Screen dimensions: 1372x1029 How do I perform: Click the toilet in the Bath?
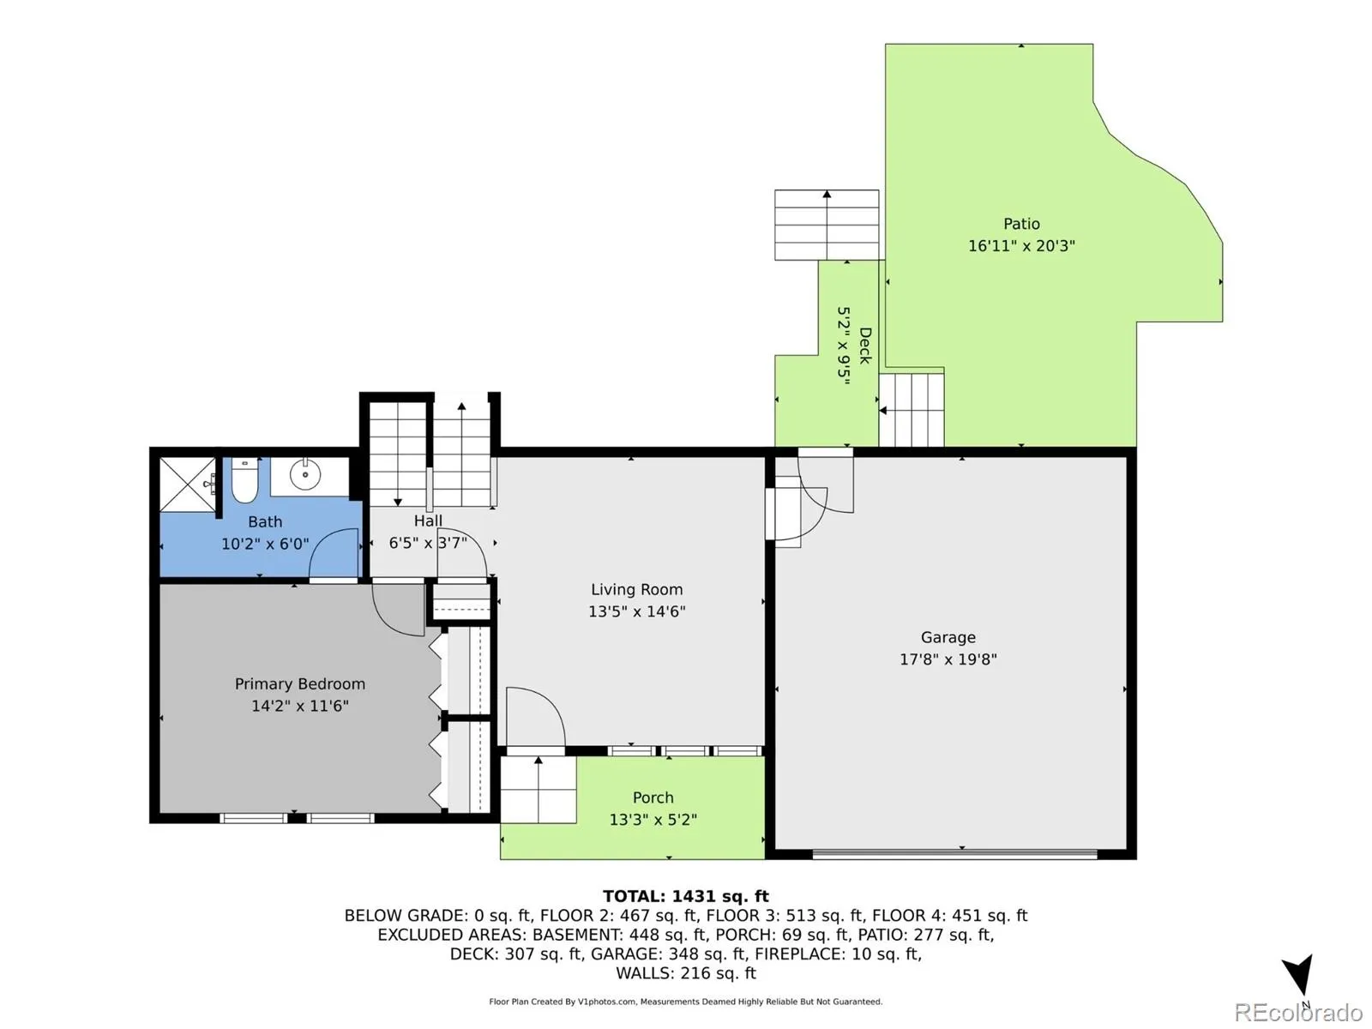(x=244, y=479)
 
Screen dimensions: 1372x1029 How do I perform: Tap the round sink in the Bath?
(x=304, y=474)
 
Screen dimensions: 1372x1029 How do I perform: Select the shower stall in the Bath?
(x=188, y=484)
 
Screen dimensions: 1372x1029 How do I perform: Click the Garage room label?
(x=948, y=637)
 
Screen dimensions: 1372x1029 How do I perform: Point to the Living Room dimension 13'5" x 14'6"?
(x=636, y=611)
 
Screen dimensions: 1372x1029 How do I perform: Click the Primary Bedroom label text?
(x=299, y=684)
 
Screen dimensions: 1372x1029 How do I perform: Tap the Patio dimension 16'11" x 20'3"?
(x=1021, y=245)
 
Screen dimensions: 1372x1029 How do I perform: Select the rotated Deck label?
(x=865, y=346)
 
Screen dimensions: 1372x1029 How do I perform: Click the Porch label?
(x=653, y=797)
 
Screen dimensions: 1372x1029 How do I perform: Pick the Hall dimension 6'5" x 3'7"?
(x=428, y=543)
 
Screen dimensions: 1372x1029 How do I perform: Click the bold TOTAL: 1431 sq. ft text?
(x=686, y=897)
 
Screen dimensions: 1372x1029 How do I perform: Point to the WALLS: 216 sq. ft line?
(x=686, y=973)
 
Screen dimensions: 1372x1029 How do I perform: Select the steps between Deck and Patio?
(x=912, y=410)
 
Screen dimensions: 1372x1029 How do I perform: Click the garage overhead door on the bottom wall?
(x=954, y=852)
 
